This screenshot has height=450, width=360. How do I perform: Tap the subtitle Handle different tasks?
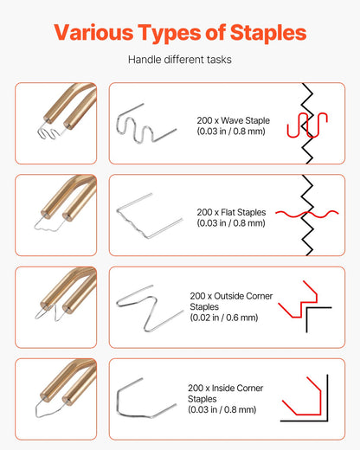(x=179, y=61)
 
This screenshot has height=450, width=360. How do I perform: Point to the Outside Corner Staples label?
(x=231, y=301)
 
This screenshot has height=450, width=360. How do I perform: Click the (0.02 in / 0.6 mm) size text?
(x=223, y=318)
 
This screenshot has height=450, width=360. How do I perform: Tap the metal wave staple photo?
(x=145, y=124)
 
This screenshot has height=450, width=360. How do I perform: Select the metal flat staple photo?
(x=145, y=215)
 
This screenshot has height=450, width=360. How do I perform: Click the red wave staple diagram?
(x=309, y=124)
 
